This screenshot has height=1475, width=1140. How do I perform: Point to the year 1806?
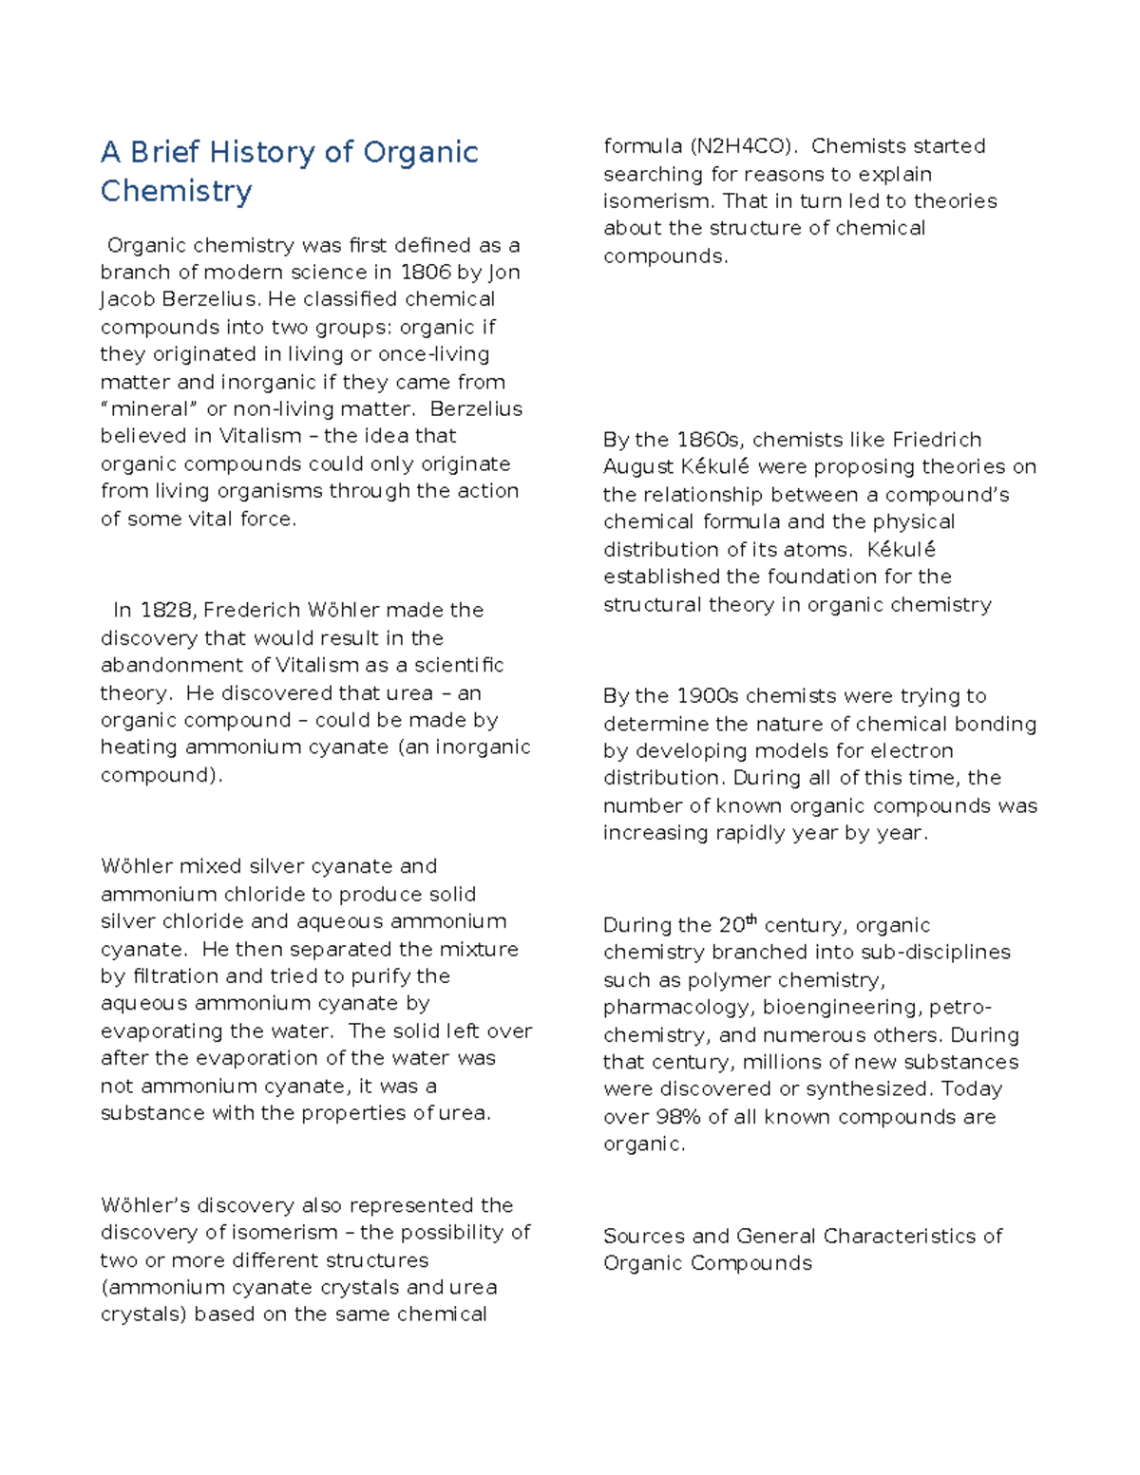[425, 273]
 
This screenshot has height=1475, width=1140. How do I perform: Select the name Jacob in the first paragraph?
[127, 299]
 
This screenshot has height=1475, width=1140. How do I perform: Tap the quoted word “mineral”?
[150, 409]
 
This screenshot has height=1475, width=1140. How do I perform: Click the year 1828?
[165, 610]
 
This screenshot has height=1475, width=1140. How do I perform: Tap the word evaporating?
[161, 1031]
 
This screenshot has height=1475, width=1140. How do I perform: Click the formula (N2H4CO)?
[739, 146]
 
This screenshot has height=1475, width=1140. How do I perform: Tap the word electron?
[911, 750]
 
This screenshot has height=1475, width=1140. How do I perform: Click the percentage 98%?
[679, 1117]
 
